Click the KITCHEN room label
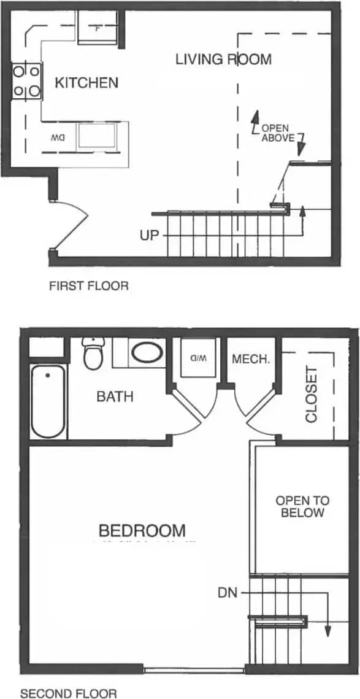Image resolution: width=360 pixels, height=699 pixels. (86, 83)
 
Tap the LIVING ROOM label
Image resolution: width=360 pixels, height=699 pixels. (223, 60)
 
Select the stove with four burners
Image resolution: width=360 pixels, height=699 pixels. (26, 82)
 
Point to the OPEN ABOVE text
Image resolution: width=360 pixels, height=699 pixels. (278, 133)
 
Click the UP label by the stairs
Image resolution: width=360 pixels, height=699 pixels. (149, 235)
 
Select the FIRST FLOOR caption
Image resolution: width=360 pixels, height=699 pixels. (89, 286)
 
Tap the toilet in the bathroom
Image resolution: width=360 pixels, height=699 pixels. (93, 353)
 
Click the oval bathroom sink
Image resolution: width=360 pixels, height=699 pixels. (147, 354)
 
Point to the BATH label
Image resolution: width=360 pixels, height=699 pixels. (115, 396)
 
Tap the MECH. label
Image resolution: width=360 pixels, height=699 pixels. (251, 360)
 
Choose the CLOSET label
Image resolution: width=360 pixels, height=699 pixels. (311, 395)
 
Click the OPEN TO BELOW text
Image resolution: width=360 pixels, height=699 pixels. (299, 506)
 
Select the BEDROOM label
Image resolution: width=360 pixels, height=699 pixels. (142, 530)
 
